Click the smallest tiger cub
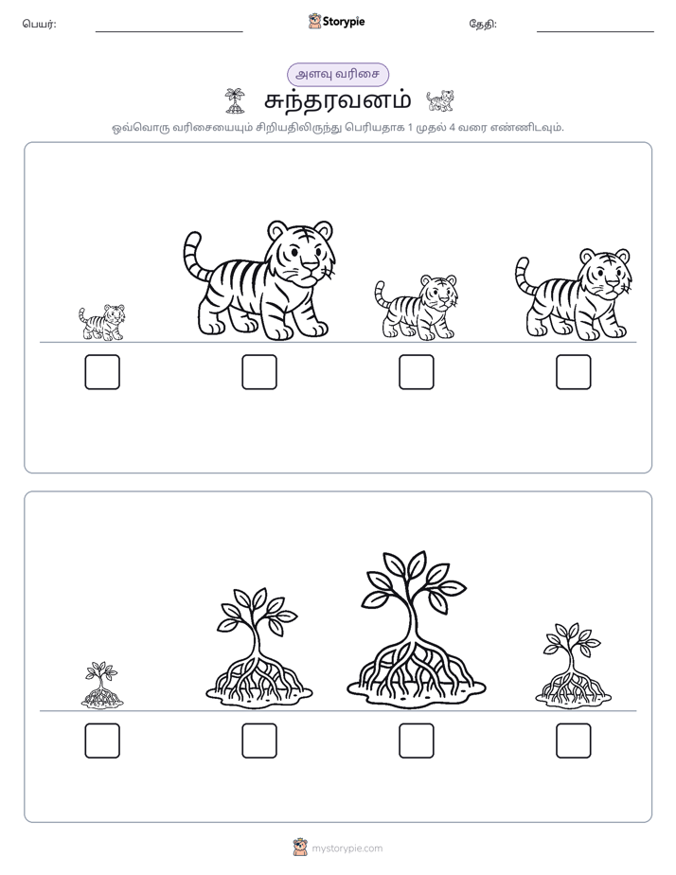(102, 322)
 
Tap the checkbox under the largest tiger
(259, 371)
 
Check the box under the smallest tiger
(102, 371)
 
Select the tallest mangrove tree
(416, 630)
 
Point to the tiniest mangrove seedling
(102, 686)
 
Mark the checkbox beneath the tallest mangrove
(416, 741)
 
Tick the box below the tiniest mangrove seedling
(102, 741)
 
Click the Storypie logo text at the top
(344, 22)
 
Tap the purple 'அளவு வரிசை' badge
(337, 74)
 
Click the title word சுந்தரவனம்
(337, 101)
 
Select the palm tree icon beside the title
(234, 100)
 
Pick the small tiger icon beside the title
(440, 100)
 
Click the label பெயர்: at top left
(39, 24)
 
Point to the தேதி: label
(483, 24)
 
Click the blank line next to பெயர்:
(169, 32)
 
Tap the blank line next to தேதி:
(596, 32)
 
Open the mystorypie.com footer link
(347, 848)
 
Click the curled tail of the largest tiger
(192, 254)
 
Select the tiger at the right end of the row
(574, 295)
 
